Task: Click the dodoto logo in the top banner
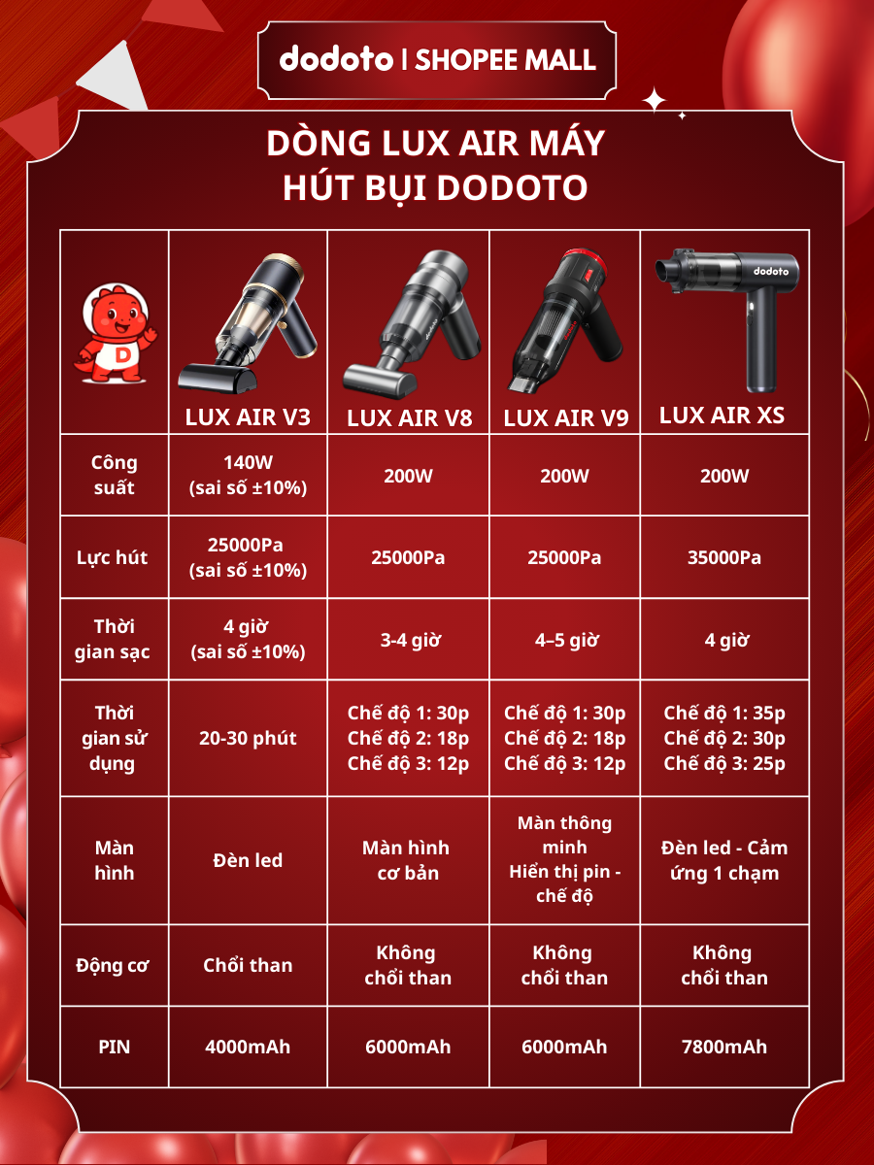pos(336,59)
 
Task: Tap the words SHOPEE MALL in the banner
pos(505,60)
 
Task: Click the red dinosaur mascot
pos(116,333)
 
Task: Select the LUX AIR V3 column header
pos(248,417)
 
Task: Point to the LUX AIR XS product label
pos(722,416)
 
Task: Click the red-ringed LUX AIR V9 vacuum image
pos(564,320)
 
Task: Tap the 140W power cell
pos(248,475)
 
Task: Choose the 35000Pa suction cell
pos(724,557)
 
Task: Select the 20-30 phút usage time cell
pos(248,738)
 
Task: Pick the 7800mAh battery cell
pos(724,1047)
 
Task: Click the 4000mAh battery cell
pos(248,1047)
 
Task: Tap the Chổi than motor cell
pos(248,965)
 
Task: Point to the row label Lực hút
pos(112,558)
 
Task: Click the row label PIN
pos(114,1047)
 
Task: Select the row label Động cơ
pos(113,965)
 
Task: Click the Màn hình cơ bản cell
pos(407,860)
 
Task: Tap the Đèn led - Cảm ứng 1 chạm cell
pos(724,860)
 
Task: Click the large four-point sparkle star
pos(654,100)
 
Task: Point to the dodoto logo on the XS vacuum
pos(771,271)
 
